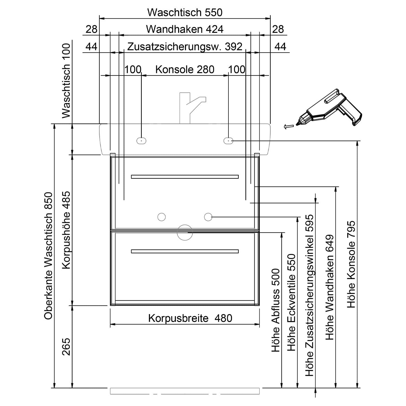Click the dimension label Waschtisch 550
(185, 12)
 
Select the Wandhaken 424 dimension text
(185, 29)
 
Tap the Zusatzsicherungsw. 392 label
(185, 47)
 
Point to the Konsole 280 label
(185, 70)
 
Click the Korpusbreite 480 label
(190, 318)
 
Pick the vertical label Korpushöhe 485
(66, 230)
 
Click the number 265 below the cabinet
(66, 347)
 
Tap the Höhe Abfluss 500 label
(276, 310)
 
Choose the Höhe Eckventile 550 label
(291, 303)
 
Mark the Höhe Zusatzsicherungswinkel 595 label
(309, 295)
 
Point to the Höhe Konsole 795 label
(351, 264)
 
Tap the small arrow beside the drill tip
(289, 126)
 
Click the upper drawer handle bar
(185, 177)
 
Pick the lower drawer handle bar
(185, 251)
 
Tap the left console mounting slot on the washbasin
(141, 140)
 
